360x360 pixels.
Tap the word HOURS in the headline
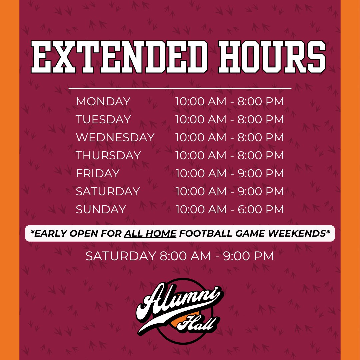click(x=272, y=57)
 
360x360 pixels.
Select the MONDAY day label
click(x=103, y=102)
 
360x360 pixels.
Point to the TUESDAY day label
click(x=103, y=120)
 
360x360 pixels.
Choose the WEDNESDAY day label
click(x=115, y=138)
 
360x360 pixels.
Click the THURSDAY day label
click(x=108, y=156)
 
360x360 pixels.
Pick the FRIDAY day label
click(x=97, y=174)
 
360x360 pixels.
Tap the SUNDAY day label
click(x=101, y=210)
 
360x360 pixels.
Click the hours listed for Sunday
click(x=230, y=210)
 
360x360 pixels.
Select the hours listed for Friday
click(x=230, y=174)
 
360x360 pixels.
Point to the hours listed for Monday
click(x=230, y=102)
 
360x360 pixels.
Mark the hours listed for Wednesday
click(x=230, y=138)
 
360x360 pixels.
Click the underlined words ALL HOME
click(x=150, y=234)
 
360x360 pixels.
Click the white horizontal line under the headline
click(x=180, y=89)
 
